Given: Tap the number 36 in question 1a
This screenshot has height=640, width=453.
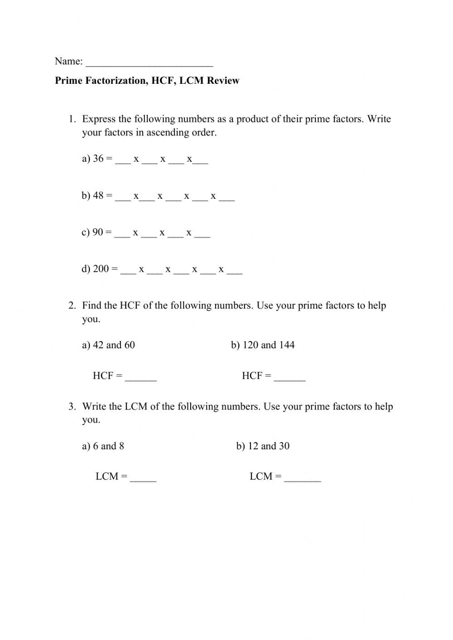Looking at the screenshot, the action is point(98,159).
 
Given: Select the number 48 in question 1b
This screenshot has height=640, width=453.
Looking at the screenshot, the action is point(98,196).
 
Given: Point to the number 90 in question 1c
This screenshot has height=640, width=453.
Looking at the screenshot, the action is point(98,232).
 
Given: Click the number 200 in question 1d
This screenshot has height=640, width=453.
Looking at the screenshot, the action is point(101,269).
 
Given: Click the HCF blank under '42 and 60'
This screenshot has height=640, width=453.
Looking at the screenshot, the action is point(140,378).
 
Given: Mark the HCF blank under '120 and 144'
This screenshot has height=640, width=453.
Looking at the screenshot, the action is point(290,378).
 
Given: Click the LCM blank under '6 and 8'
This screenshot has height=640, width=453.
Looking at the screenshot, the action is point(143,478).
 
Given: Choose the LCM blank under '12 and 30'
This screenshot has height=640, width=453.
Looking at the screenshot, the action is point(303,478).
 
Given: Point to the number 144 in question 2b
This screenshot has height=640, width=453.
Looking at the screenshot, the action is point(287,345).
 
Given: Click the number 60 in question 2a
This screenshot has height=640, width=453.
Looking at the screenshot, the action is point(130,345).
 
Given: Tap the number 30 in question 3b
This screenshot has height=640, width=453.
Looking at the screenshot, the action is point(284,446).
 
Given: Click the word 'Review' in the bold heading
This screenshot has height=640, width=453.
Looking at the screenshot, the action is point(223,81).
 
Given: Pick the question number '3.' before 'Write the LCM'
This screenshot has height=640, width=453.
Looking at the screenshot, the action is point(72,407).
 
